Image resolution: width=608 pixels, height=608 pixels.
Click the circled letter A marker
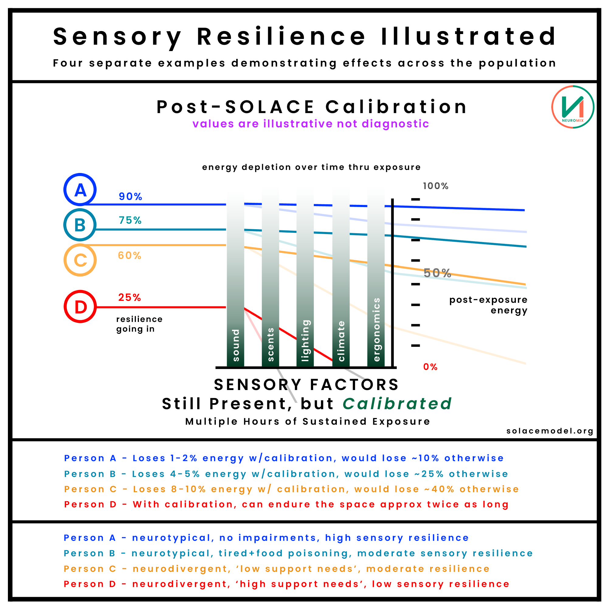80,190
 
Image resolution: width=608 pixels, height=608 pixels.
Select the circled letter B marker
80,225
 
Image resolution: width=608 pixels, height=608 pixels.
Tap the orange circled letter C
80,260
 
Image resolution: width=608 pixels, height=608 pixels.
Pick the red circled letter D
80,307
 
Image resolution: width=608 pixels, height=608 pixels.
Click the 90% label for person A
130,197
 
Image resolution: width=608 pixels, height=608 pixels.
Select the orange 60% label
129,256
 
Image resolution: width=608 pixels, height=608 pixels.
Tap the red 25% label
129,297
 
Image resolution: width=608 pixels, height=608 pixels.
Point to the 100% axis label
436,186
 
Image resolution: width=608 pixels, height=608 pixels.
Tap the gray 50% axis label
437,273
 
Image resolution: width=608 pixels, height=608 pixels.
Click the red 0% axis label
430,367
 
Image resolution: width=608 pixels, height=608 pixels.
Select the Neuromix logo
573,107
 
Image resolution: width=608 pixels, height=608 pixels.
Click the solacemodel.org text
550,431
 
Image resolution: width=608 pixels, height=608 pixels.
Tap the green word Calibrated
397,404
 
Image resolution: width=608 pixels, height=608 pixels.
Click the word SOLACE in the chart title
270,107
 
